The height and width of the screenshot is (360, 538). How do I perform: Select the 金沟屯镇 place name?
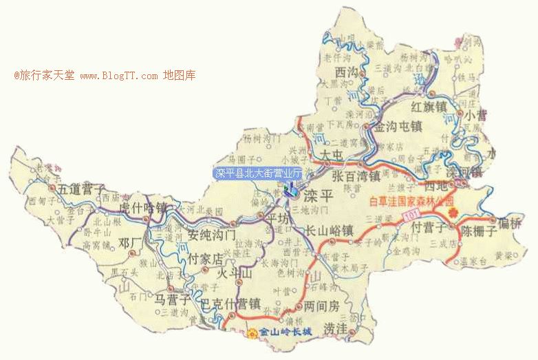[397, 127]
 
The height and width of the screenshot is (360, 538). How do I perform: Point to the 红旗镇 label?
[429, 107]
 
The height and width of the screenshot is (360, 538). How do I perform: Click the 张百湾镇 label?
[356, 177]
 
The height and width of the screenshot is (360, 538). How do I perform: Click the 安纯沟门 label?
[212, 235]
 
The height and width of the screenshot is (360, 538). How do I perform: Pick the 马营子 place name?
[172, 299]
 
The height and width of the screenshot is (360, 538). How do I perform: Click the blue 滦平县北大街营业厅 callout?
[258, 173]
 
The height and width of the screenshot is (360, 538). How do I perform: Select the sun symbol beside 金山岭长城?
[252, 334]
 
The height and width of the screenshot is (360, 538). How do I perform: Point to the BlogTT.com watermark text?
[120, 75]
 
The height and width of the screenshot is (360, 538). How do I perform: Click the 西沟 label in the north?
[346, 70]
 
